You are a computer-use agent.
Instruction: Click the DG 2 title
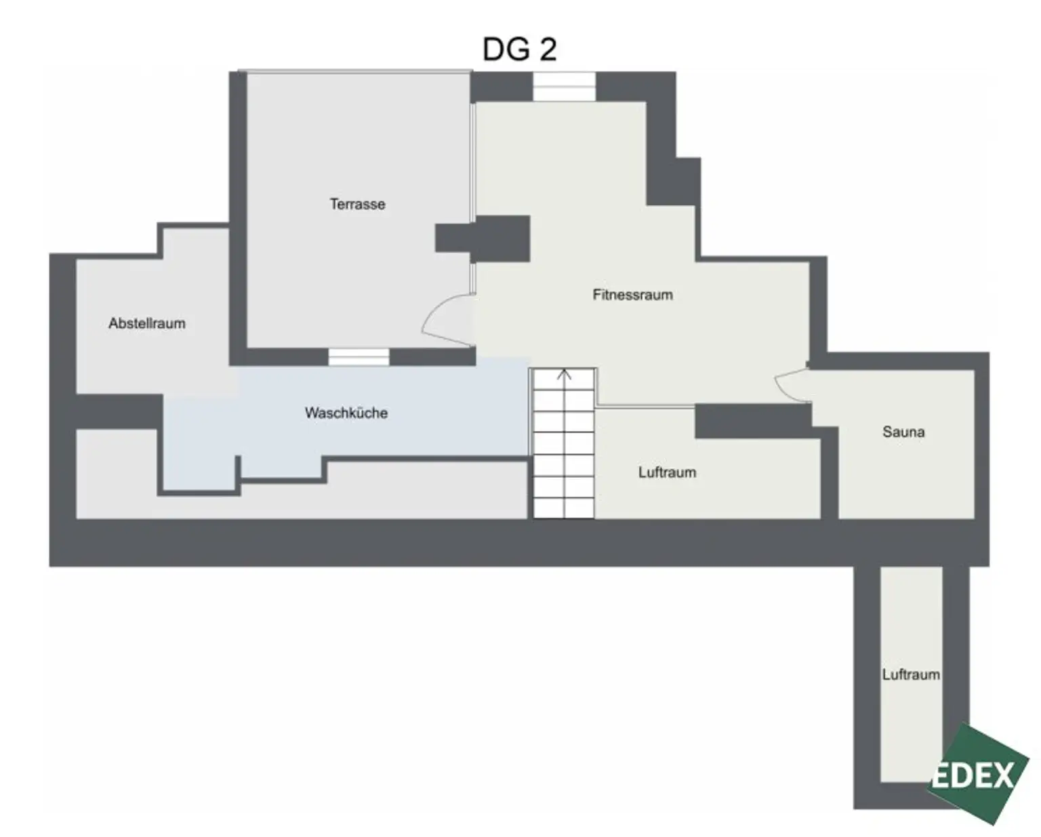519,49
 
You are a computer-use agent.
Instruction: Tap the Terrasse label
357,204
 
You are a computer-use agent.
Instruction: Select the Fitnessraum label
632,295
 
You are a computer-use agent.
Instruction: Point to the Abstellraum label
146,323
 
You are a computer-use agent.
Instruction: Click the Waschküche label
346,413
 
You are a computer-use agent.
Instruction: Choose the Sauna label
903,432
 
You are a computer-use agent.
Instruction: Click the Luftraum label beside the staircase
667,472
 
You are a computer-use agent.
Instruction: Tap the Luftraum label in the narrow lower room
910,674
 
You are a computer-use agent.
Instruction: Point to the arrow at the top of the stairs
564,374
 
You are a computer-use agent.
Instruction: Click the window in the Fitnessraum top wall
564,87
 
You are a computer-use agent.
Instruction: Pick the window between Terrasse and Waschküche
359,357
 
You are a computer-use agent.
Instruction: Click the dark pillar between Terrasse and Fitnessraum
483,238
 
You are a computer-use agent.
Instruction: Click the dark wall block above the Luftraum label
752,420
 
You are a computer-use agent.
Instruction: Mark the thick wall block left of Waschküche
119,411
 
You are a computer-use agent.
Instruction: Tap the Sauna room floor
905,474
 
